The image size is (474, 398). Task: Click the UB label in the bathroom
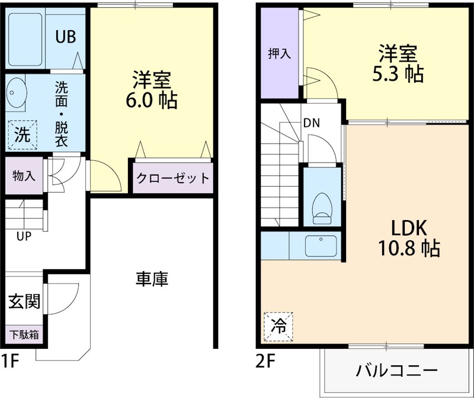click(x=65, y=37)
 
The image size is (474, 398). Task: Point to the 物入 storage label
click(x=24, y=176)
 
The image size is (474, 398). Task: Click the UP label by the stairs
click(x=24, y=236)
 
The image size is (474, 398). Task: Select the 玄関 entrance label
click(x=24, y=302)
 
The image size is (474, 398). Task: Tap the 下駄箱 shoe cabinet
click(x=24, y=335)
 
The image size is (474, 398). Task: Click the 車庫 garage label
click(x=152, y=279)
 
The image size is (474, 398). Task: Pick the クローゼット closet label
click(x=172, y=177)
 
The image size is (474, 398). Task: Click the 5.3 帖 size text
click(x=398, y=74)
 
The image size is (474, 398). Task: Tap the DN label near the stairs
click(x=312, y=124)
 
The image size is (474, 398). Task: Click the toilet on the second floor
click(x=322, y=207)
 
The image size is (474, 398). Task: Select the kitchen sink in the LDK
click(x=321, y=245)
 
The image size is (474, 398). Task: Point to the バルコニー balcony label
click(x=397, y=372)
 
